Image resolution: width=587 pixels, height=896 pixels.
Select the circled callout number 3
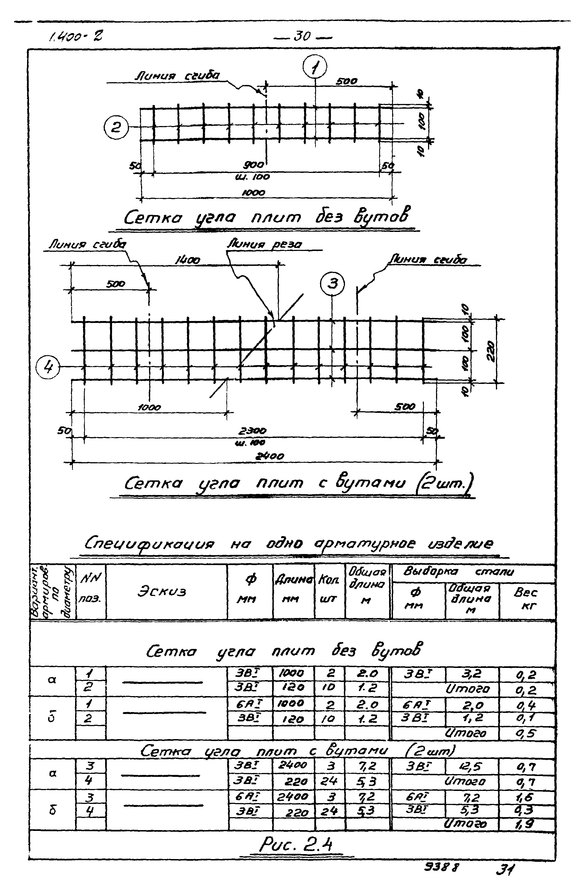pos(332,283)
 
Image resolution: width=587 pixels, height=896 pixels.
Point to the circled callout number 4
pos(48,367)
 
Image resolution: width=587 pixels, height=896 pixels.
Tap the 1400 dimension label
pos(187,260)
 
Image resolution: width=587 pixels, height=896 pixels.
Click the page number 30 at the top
pos(302,36)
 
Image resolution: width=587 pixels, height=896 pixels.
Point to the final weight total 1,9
pos(524,824)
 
